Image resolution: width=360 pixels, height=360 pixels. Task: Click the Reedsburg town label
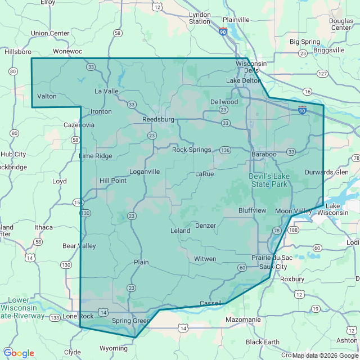[159, 120]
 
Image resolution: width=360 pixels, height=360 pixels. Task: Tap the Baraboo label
[264, 154]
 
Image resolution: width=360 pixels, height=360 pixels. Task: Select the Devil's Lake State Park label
[268, 180]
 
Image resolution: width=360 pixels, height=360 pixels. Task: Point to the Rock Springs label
[191, 150]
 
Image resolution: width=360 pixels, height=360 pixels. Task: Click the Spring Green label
[130, 321]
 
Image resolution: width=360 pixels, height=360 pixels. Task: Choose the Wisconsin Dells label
[251, 66]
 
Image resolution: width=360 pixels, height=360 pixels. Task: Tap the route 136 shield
[226, 150]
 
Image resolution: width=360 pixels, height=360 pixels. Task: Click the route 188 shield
[292, 230]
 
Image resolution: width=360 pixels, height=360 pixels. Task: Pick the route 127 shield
[322, 74]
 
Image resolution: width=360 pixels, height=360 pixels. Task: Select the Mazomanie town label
[242, 319]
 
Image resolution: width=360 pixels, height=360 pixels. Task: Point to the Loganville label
[145, 172]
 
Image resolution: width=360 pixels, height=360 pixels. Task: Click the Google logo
[19, 353]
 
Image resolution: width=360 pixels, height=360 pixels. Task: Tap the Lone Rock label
[78, 316]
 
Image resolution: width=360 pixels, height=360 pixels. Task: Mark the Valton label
[47, 96]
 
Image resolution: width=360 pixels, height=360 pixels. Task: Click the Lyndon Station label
[200, 18]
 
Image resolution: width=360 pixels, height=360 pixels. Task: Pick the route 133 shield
[55, 318]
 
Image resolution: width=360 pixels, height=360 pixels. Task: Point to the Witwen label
[205, 259]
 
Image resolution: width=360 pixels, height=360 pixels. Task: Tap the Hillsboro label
[17, 51]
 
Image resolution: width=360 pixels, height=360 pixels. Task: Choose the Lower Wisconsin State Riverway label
[21, 308]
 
